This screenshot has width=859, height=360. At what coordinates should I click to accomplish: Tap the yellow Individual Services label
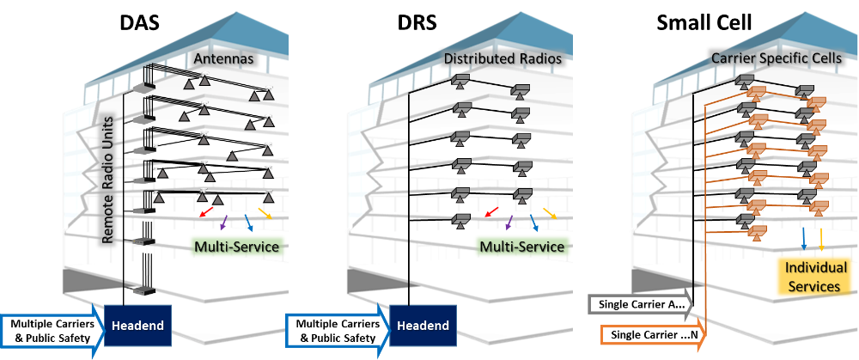click(815, 277)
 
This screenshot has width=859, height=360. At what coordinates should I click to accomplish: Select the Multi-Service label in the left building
click(235, 247)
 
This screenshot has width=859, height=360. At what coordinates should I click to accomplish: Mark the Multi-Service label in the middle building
click(522, 247)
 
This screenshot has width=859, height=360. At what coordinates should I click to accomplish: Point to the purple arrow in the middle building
click(511, 222)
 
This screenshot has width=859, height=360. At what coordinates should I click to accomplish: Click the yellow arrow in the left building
click(265, 211)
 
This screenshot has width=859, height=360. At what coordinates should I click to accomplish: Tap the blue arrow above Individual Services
click(804, 238)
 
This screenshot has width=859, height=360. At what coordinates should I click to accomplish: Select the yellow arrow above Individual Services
click(822, 238)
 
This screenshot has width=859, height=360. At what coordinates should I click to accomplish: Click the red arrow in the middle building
click(491, 211)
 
